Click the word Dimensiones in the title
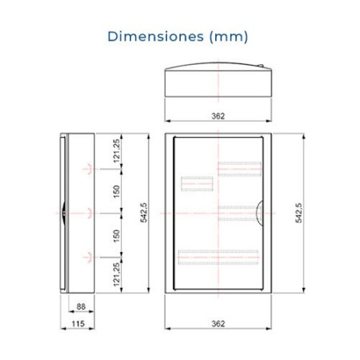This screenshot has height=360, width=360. [155, 36]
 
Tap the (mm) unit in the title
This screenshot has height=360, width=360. [229, 37]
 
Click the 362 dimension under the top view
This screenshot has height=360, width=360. [218, 116]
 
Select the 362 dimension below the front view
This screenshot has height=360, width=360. [218, 324]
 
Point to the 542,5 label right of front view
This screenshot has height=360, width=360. [298, 213]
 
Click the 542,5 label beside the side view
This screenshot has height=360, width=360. [144, 213]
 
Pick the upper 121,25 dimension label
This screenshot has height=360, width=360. [117, 151]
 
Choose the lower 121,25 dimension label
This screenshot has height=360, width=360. [117, 274]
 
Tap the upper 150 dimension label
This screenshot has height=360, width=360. [117, 191]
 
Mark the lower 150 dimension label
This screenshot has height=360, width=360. [117, 236]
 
